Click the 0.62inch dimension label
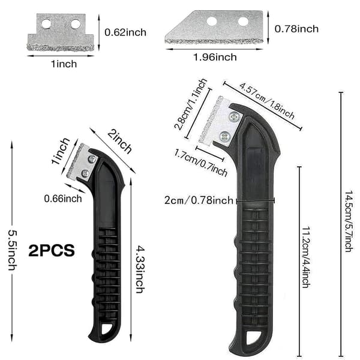(x=125, y=32)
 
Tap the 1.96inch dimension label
(x=215, y=57)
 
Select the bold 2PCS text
(x=52, y=250)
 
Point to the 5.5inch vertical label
(x=13, y=250)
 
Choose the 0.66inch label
(x=63, y=199)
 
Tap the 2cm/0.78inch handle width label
(x=199, y=200)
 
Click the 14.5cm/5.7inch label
(x=349, y=221)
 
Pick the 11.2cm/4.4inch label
(x=305, y=257)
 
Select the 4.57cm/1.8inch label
(x=267, y=101)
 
